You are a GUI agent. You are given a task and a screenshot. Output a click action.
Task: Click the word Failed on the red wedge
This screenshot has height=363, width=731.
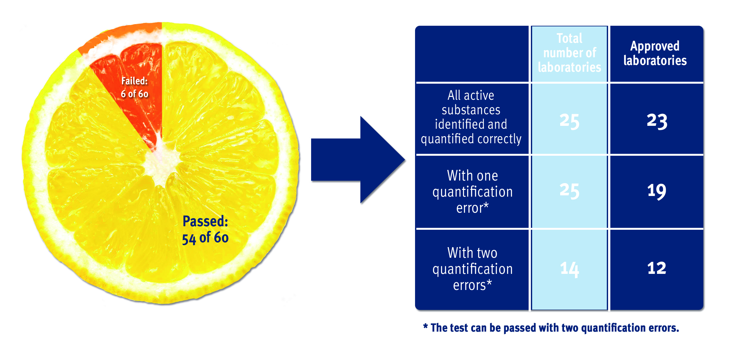coord(134,81)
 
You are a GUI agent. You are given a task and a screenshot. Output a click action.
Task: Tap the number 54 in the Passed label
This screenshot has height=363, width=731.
coord(189,239)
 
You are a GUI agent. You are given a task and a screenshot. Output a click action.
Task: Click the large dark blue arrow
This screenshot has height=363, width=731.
coord(358,160)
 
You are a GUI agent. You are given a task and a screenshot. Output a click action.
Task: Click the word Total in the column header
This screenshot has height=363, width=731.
coord(569,38)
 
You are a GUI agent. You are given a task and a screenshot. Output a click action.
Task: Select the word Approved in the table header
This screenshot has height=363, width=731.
coord(655,46)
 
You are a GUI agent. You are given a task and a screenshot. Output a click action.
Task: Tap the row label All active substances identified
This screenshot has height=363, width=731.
coord(471,117)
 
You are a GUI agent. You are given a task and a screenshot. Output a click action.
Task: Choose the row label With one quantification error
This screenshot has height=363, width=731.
coord(472,192)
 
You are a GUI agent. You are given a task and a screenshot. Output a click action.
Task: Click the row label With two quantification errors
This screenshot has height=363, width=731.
coord(472,269)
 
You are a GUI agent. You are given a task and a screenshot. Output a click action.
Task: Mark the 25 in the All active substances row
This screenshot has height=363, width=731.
coord(569,121)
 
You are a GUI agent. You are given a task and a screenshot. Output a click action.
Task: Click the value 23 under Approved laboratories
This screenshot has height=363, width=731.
coord(657,121)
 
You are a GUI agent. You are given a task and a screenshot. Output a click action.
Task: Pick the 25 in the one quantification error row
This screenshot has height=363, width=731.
coord(569,191)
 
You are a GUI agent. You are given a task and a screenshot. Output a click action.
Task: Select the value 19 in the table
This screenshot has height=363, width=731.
coord(657,191)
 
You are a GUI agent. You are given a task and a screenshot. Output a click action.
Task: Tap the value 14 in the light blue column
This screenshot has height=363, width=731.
coord(569,269)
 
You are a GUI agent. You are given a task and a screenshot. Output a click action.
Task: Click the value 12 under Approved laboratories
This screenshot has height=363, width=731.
coord(657,268)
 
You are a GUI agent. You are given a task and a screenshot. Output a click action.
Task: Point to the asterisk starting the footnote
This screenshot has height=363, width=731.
coord(425,327)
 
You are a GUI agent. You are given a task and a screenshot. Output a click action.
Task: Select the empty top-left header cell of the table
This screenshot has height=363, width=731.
coord(472,54)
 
